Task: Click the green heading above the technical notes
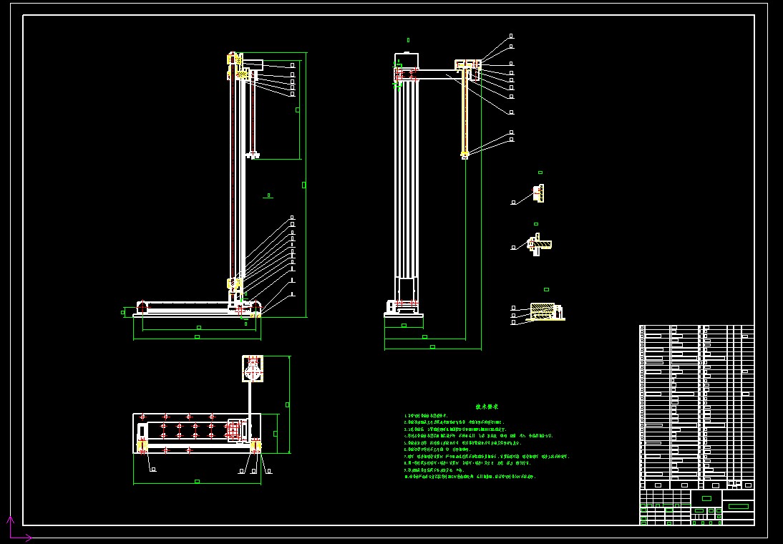tap(487, 407)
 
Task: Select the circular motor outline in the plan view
tap(253, 371)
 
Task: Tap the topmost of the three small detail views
tap(538, 193)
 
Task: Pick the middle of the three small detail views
tap(538, 244)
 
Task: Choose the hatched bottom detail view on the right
tap(546, 311)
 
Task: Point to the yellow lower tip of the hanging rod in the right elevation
tap(465, 153)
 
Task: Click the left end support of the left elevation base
tap(142, 307)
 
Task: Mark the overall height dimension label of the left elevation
tap(303, 185)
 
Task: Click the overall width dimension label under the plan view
tap(197, 481)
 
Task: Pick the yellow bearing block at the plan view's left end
tap(142, 446)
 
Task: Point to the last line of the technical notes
tap(470, 476)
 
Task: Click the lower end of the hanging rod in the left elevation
tap(253, 155)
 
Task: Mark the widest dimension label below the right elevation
tap(432, 346)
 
